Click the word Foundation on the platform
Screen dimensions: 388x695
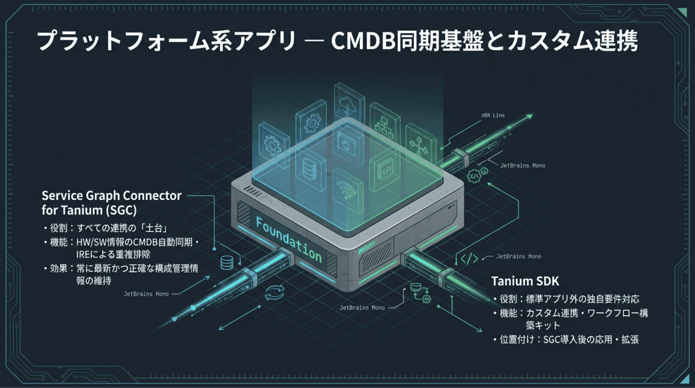pos(289,240)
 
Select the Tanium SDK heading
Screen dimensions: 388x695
pos(525,281)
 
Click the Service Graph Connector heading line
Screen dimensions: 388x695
pos(111,196)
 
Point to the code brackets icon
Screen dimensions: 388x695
pos(469,259)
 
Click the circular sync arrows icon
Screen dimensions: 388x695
pos(274,292)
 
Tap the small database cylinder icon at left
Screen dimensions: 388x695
pos(227,263)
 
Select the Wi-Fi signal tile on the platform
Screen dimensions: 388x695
pos(347,188)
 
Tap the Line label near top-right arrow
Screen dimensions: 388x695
pos(498,116)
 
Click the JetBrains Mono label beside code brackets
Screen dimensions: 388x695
pos(518,257)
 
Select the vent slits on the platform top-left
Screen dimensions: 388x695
pos(252,191)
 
